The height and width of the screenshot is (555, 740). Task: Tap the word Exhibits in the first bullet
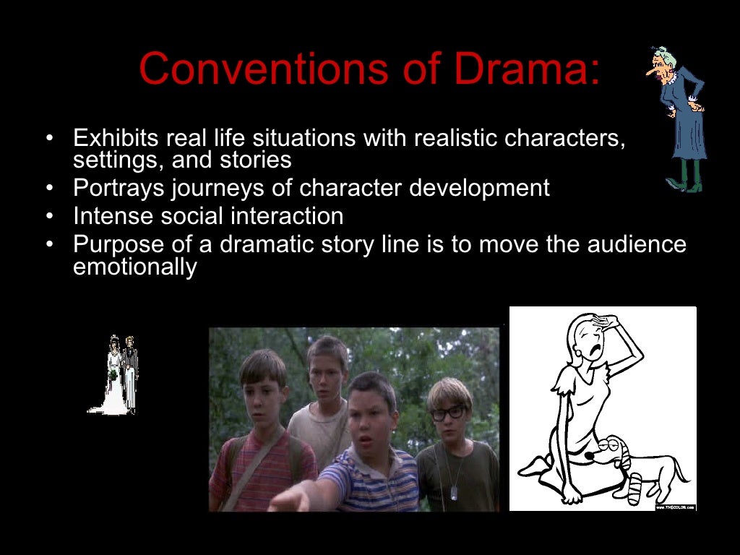click(116, 137)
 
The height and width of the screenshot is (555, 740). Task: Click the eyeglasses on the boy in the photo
click(448, 413)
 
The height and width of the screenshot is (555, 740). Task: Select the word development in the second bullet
click(480, 188)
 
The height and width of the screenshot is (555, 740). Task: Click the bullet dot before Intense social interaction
click(49, 216)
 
